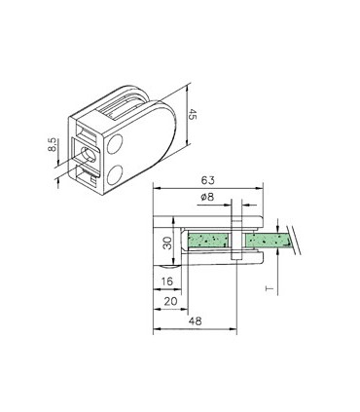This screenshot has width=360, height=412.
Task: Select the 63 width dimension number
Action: click(208, 181)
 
